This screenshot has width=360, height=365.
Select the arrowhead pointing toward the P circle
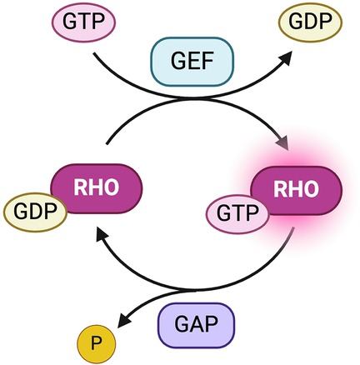coord(124,321)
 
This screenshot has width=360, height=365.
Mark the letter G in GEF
coord(165,62)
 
